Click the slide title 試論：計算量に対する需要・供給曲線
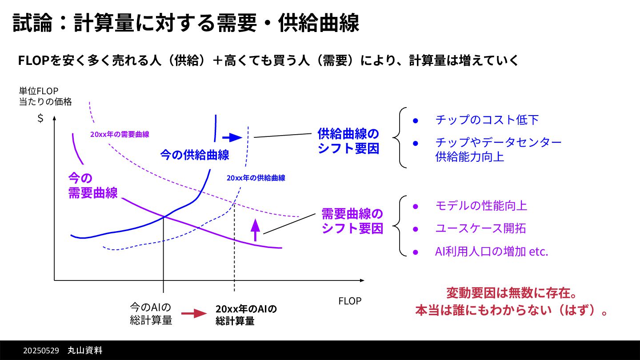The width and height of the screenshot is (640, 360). click(x=186, y=23)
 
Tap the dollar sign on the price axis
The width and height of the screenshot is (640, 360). click(x=40, y=119)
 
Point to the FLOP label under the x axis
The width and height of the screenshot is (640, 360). click(x=350, y=301)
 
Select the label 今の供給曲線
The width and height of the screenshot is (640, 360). click(x=195, y=155)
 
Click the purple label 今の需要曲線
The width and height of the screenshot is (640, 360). click(x=92, y=185)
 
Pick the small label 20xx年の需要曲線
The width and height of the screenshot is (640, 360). click(x=120, y=134)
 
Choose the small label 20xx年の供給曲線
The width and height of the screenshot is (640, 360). click(x=256, y=178)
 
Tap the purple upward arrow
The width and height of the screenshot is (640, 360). click(x=255, y=229)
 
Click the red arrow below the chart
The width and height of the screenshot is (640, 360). click(x=194, y=314)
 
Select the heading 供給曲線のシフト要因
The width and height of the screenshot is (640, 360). click(x=348, y=141)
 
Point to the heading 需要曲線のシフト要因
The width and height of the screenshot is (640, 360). click(x=352, y=221)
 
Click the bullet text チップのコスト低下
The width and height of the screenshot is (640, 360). click(x=487, y=120)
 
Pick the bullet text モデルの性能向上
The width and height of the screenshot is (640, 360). click(x=481, y=206)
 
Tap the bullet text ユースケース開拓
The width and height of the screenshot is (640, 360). click(x=480, y=228)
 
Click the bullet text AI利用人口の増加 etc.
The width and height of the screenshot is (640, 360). click(x=491, y=252)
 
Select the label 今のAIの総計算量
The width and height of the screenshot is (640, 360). click(x=151, y=314)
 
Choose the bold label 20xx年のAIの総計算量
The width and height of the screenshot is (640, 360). click(x=246, y=315)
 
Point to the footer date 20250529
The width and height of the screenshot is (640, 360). click(x=41, y=351)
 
